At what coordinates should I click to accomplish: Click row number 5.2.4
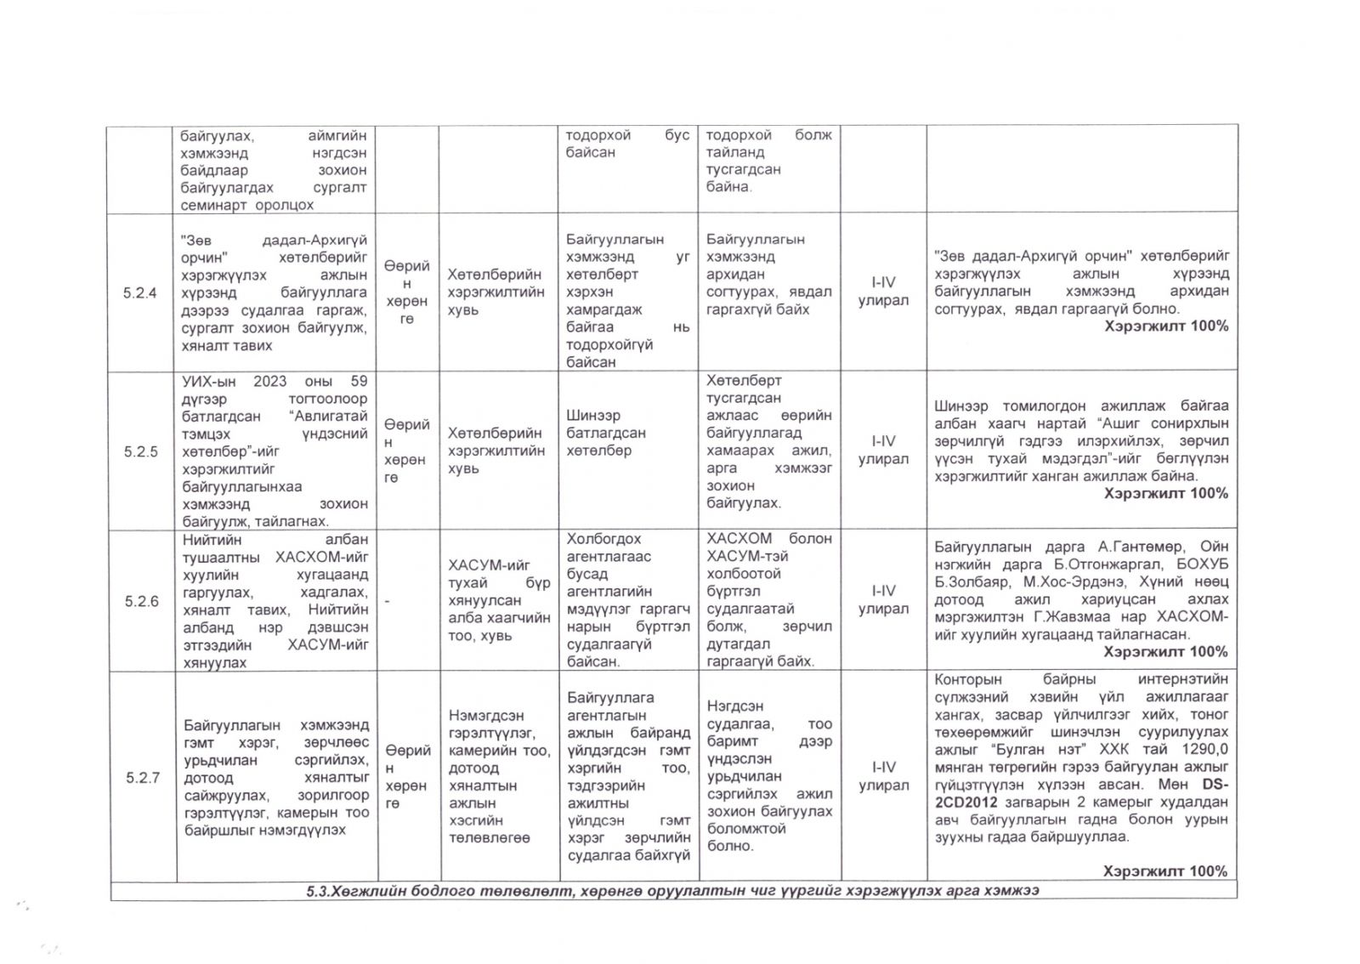[x=139, y=293]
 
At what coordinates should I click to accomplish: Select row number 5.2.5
[x=140, y=451]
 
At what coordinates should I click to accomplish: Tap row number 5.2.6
[x=141, y=601]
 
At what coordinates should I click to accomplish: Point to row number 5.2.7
[x=142, y=777]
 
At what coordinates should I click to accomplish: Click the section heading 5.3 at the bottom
[x=672, y=890]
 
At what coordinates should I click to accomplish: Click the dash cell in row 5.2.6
[x=387, y=601]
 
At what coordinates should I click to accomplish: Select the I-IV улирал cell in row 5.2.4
[x=883, y=292]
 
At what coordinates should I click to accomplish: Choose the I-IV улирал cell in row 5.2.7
[x=883, y=776]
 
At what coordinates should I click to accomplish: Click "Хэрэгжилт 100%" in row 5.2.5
[x=1165, y=493]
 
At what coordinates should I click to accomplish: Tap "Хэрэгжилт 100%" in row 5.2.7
[x=1165, y=871]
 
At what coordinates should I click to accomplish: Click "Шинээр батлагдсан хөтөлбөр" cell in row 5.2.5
[x=606, y=433]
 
